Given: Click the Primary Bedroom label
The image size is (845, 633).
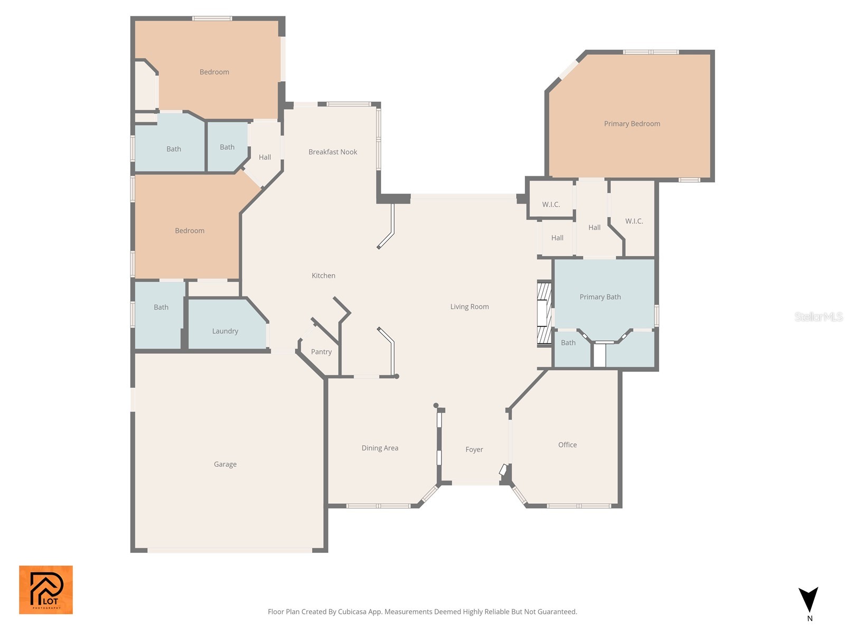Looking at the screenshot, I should coord(632,124).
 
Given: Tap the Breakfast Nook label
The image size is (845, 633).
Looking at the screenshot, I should coord(333,152).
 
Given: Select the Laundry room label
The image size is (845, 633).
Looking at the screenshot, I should coord(225,331).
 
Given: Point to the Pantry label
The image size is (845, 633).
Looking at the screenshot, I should coord(321,352).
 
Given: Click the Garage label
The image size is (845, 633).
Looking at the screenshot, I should coord(225,464).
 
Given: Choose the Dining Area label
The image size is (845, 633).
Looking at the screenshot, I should coord(380,448).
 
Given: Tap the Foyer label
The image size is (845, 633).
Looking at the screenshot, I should coord(474,449).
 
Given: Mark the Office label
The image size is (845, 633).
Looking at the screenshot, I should coord(567,445).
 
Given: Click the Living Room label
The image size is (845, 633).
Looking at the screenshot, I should coord(469,306).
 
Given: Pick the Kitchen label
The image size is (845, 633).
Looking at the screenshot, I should coord(323,275).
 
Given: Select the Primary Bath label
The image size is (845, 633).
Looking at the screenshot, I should coord(600,297).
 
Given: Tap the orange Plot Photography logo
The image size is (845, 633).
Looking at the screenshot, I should coord(46,590).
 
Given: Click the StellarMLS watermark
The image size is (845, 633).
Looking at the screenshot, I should coord(819,316).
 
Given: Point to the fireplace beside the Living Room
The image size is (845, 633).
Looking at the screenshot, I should coord(544,314).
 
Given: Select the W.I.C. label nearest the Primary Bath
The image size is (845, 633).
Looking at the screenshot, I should coord(634,221).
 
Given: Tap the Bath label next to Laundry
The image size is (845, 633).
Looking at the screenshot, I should coord(161,307).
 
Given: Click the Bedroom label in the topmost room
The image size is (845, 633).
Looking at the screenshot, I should coord(214,72).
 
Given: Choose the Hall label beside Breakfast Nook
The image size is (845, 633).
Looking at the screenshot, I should coord(265,157).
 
